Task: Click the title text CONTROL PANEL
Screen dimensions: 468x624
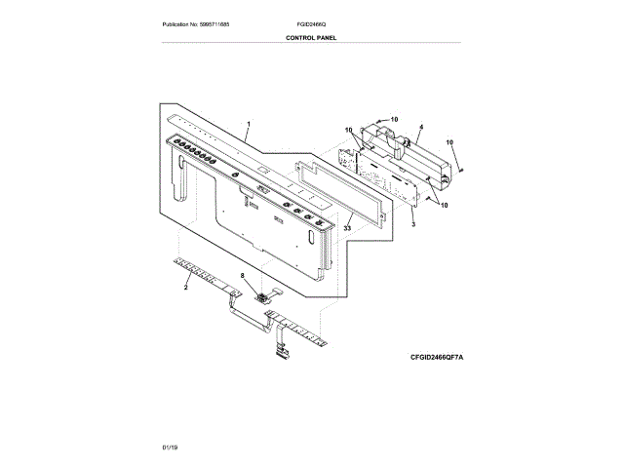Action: pyautogui.click(x=311, y=37)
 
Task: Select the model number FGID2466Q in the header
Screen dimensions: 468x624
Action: pyautogui.click(x=312, y=23)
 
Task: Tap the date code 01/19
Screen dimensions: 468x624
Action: pyautogui.click(x=170, y=446)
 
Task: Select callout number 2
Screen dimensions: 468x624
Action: pyautogui.click(x=185, y=289)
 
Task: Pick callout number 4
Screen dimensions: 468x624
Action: pyautogui.click(x=420, y=127)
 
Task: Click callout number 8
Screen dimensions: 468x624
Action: pyautogui.click(x=244, y=276)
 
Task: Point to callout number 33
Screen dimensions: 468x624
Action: pyautogui.click(x=345, y=227)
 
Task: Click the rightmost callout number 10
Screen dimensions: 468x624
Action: pyautogui.click(x=450, y=143)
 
